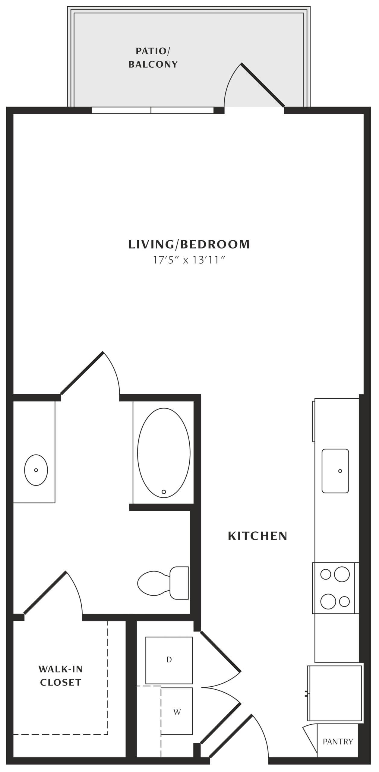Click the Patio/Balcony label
(x=153, y=58)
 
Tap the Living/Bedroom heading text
(x=189, y=244)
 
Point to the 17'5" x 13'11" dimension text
(x=189, y=260)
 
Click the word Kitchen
(x=257, y=536)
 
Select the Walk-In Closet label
(x=61, y=676)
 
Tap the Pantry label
(x=338, y=742)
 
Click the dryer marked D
(x=169, y=660)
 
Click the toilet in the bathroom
(x=163, y=583)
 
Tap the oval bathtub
(x=164, y=453)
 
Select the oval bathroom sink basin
(x=36, y=470)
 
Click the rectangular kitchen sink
(x=335, y=471)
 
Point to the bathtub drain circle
(x=164, y=492)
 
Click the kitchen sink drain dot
(x=340, y=471)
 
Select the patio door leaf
(x=263, y=85)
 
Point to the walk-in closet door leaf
(x=45, y=593)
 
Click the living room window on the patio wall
(x=153, y=110)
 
